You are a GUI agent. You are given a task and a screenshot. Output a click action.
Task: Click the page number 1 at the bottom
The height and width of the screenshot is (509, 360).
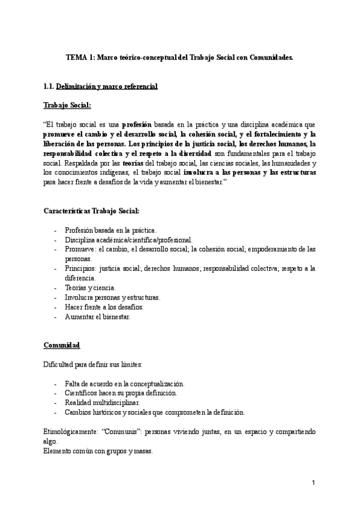(313, 483)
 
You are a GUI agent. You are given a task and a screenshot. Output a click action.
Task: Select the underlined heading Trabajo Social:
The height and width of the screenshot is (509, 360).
(67, 106)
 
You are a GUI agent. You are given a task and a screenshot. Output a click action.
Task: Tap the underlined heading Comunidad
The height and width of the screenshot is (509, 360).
(62, 346)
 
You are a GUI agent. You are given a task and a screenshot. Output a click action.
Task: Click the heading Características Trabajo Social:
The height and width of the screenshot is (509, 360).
(92, 211)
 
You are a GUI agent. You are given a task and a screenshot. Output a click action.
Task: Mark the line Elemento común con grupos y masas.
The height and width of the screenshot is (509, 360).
(98, 451)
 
